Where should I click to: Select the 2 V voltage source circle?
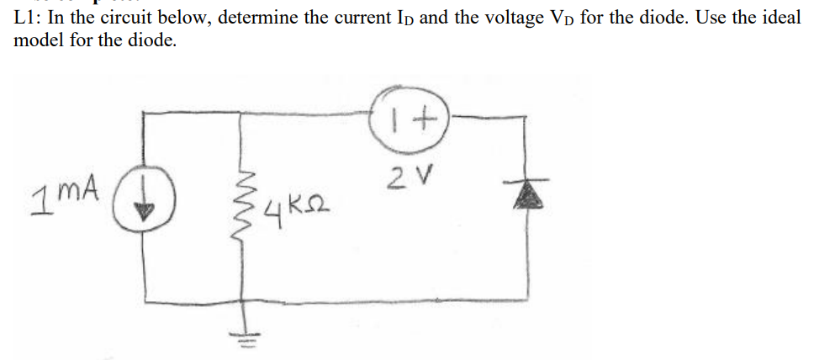408,122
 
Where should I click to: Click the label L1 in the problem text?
25,18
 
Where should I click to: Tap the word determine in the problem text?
256,18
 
